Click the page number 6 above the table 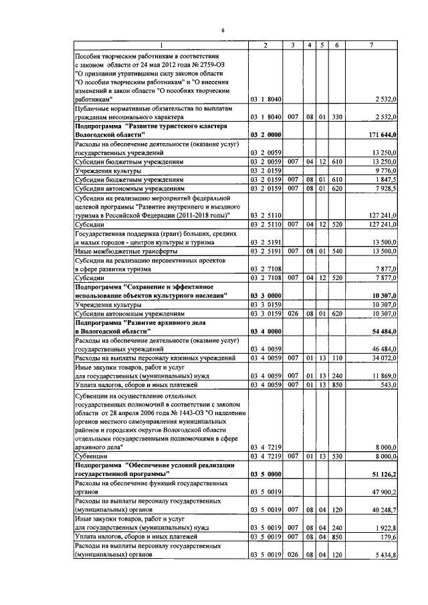(x=223, y=31)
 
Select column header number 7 (x=372, y=45)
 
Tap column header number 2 (x=265, y=45)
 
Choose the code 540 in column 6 (x=338, y=251)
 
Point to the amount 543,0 (x=389, y=385)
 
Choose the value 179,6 (x=389, y=536)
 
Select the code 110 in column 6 (x=338, y=358)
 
